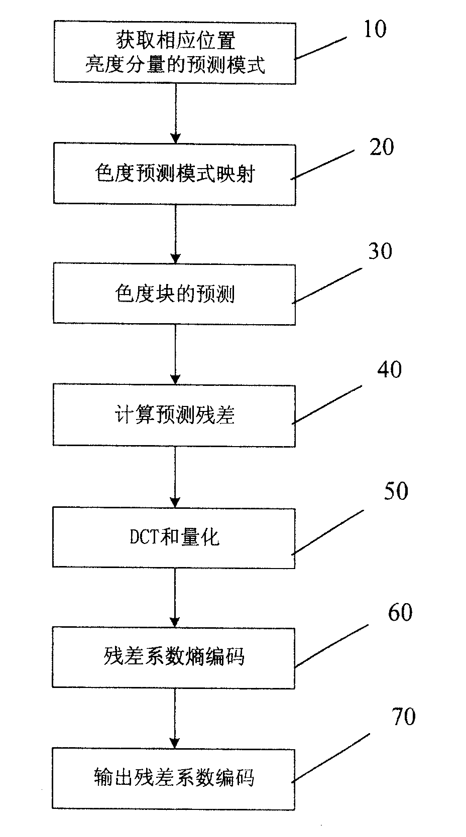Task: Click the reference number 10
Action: (375, 30)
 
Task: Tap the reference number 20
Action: (382, 148)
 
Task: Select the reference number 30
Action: (380, 251)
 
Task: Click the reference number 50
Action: (396, 492)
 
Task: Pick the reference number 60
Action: (400, 613)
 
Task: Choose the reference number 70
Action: (403, 717)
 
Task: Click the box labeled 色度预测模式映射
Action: (174, 174)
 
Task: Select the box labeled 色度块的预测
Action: (174, 294)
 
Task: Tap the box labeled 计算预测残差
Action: (174, 415)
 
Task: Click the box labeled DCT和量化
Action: (174, 537)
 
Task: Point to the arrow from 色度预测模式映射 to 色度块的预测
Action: (175, 234)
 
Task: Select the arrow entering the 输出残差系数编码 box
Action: (175, 718)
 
